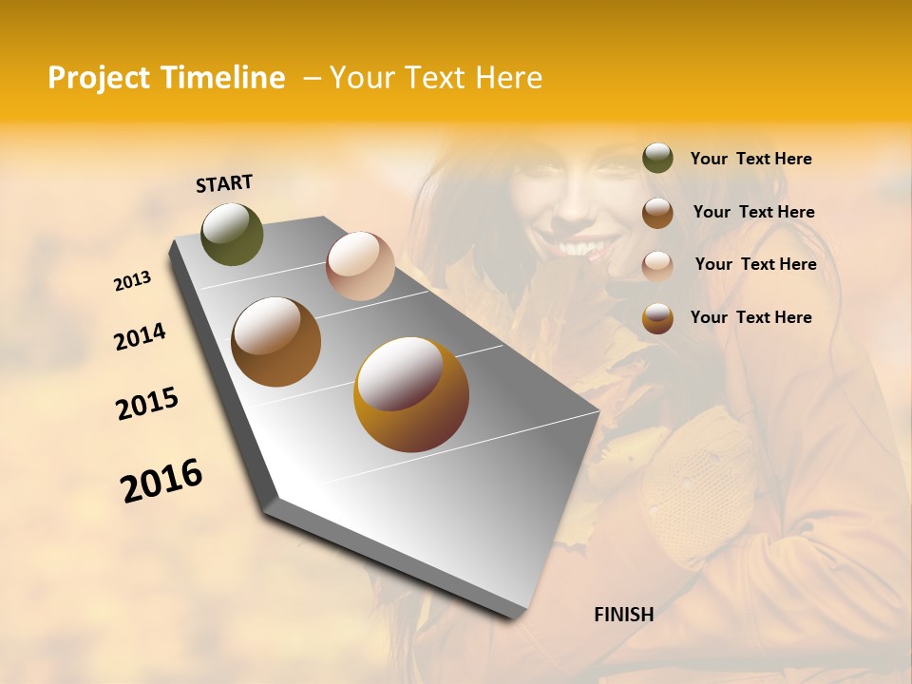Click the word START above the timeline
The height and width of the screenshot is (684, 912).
[224, 183]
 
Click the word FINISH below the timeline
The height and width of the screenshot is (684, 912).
[624, 615]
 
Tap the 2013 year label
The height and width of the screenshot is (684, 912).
[133, 281]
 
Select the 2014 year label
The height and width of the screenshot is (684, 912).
[140, 337]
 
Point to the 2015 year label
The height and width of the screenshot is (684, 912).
[147, 404]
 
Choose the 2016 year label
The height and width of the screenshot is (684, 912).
[161, 480]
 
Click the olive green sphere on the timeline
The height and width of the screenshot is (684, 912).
[232, 235]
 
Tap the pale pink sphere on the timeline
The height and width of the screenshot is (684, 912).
[360, 265]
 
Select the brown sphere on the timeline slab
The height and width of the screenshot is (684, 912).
[276, 342]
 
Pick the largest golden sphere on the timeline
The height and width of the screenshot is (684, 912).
[411, 394]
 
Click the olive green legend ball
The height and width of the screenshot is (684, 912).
[657, 159]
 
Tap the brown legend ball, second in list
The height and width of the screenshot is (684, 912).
[657, 212]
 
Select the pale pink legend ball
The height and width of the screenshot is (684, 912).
[657, 265]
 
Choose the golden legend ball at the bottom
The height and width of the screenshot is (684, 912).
[657, 318]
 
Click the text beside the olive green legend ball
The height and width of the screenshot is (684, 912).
[751, 160]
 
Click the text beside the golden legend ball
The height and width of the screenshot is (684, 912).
[751, 317]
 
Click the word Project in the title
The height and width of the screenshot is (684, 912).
[98, 78]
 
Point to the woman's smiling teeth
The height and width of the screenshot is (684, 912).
[580, 249]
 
